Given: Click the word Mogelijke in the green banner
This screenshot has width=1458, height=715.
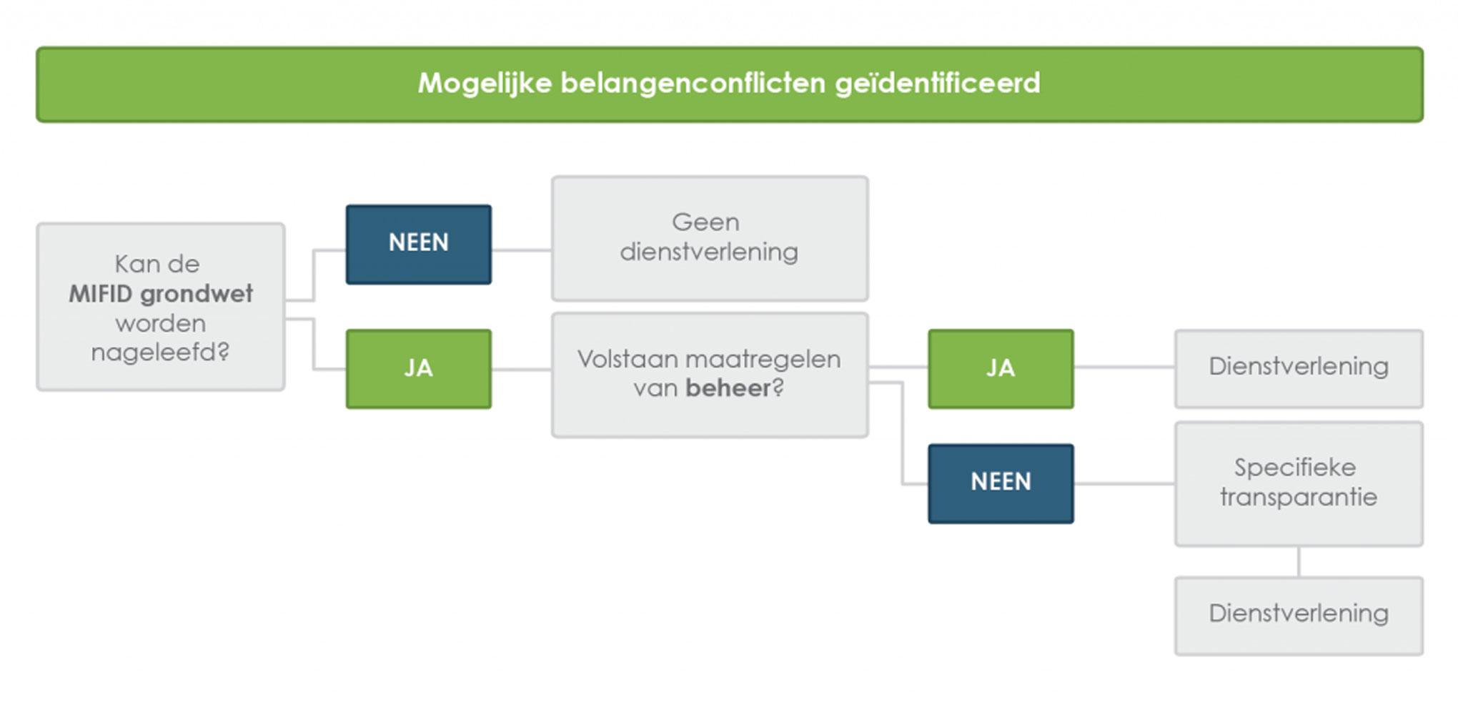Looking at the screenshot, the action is [x=485, y=84].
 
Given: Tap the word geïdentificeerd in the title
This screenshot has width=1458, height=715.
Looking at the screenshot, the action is [x=938, y=84].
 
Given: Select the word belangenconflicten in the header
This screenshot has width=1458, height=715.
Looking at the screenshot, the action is [x=693, y=84].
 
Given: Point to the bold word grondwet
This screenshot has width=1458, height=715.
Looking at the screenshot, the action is [x=197, y=295].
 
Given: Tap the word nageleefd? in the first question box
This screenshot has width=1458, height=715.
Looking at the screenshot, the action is [x=160, y=352].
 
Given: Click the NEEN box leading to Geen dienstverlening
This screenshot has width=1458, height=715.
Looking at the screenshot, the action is [x=419, y=245].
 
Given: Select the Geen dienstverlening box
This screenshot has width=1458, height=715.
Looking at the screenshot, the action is [x=710, y=239].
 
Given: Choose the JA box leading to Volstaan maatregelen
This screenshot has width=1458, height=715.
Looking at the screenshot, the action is [x=419, y=369].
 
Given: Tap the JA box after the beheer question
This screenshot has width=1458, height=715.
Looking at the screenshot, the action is [x=1001, y=369].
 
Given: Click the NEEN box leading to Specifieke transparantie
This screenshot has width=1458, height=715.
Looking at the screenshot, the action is [x=1001, y=484].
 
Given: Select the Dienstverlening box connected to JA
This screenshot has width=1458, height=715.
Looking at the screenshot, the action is [x=1299, y=369].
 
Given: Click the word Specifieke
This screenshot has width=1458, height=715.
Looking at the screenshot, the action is [x=1295, y=468].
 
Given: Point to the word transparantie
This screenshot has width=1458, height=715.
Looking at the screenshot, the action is [x=1299, y=497].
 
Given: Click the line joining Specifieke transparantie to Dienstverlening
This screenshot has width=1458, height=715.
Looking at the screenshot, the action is [x=1299, y=562].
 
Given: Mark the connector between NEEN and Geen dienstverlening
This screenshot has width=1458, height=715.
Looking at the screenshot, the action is [x=522, y=250].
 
